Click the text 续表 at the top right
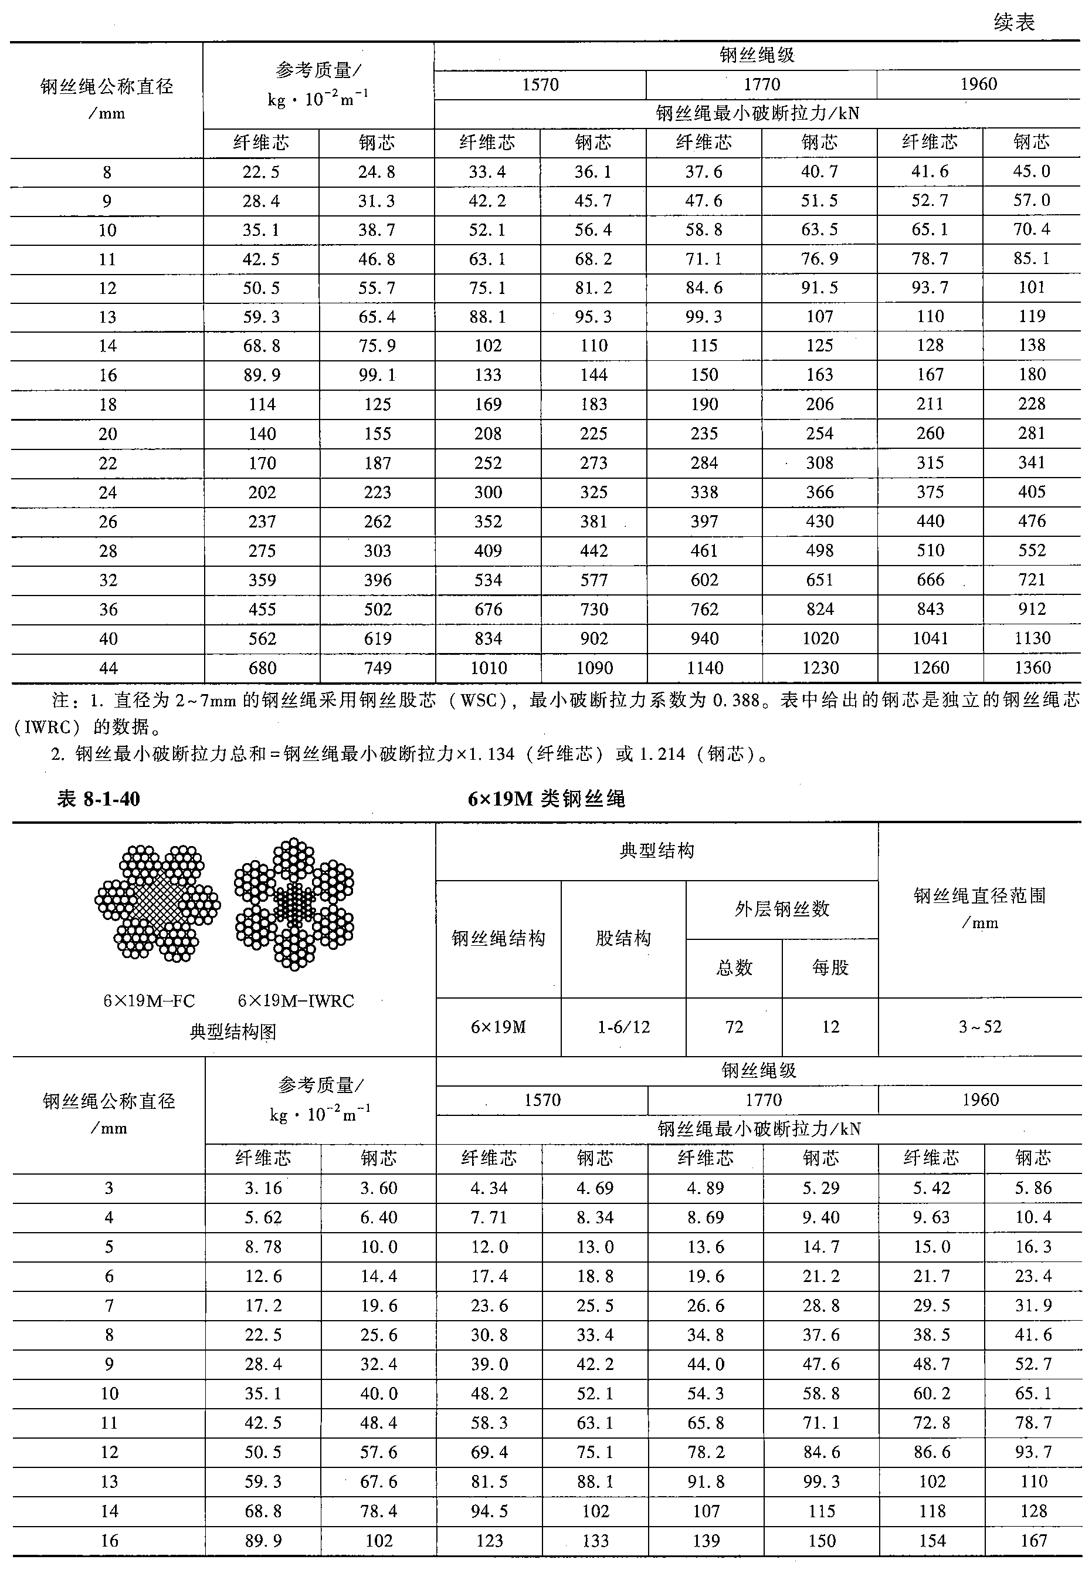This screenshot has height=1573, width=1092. coord(1014,22)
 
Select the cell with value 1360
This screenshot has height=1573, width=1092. coord(1032,668)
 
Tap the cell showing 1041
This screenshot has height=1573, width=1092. coord(930,638)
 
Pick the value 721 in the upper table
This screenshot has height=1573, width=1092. coord(1032,580)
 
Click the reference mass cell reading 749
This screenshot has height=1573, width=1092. coord(377,668)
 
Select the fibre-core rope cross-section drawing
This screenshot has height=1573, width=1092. coord(157,903)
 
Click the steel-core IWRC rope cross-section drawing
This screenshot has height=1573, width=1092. coord(294,903)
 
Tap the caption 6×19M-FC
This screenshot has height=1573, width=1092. coord(149,1001)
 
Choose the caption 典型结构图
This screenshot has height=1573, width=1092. coord(233,1031)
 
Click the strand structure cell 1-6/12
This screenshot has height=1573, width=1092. coord(623,1027)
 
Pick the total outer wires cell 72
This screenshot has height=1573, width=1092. coord(734,1027)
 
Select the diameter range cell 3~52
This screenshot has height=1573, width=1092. coord(980,1027)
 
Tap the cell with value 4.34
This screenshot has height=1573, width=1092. coord(489,1188)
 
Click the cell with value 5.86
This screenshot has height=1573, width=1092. coord(1033,1188)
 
